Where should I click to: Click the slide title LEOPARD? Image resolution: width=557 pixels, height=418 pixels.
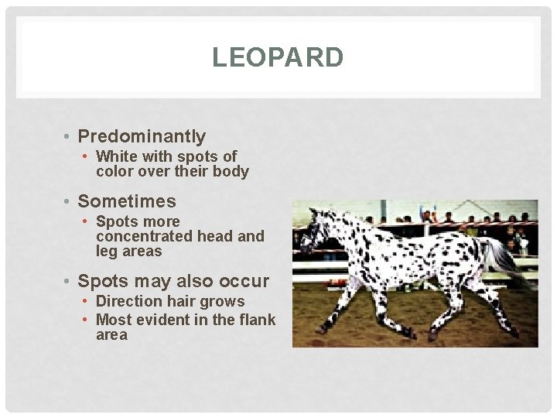click(278, 57)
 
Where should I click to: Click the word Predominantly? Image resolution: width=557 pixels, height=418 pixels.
click(142, 137)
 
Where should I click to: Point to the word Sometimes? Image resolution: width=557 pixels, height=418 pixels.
click(127, 201)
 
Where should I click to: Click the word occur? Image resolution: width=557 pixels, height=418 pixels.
click(244, 281)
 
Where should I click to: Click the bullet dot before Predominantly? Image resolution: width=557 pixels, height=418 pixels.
click(69, 138)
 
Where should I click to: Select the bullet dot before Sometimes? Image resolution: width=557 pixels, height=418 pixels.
click(69, 202)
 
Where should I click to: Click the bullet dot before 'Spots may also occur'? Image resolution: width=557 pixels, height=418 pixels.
click(69, 282)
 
